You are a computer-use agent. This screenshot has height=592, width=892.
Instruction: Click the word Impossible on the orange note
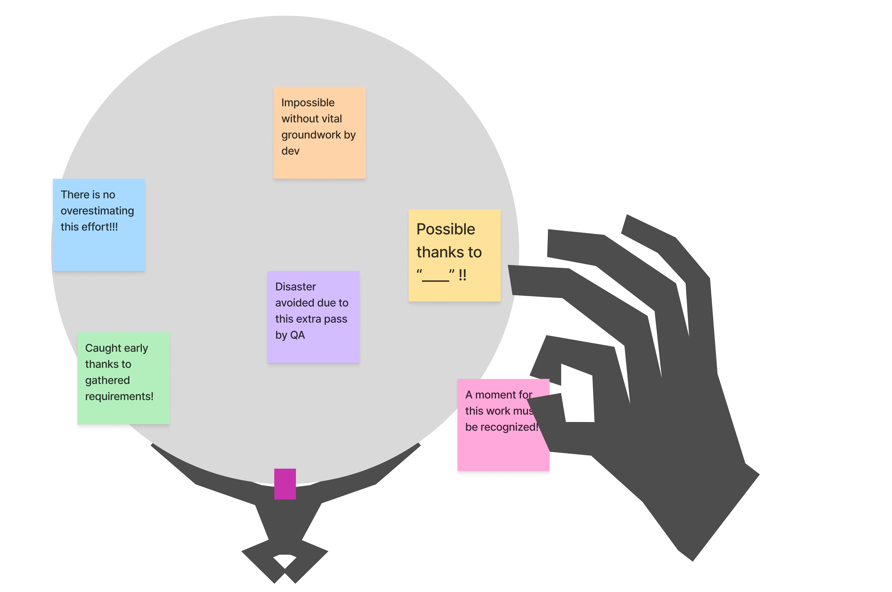click(x=308, y=103)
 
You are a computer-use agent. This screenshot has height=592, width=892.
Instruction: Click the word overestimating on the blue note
click(x=97, y=211)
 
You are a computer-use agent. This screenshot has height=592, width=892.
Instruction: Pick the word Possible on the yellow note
click(x=446, y=229)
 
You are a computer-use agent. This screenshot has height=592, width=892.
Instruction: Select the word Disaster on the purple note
click(x=295, y=287)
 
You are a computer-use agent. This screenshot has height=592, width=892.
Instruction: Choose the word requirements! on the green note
click(x=119, y=396)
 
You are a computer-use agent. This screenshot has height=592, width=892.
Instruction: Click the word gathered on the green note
click(x=108, y=380)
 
